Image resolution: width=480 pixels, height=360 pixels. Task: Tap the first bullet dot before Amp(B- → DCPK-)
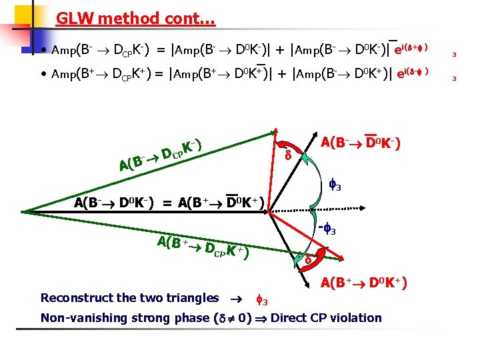(43, 51)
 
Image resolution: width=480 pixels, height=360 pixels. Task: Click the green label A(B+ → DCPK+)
(204, 246)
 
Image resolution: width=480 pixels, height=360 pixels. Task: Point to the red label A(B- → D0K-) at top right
(360, 143)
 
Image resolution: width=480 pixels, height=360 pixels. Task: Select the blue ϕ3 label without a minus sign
(333, 185)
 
